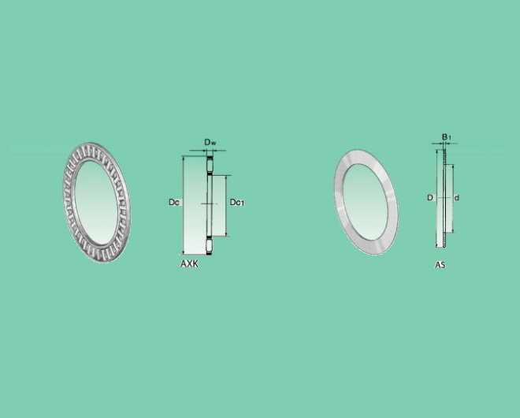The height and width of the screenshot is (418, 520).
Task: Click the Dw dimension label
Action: tap(210, 143)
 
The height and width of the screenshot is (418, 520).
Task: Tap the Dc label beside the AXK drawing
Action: tap(174, 202)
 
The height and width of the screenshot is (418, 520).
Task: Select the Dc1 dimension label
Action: tap(237, 202)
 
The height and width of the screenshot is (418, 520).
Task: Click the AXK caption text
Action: tap(189, 263)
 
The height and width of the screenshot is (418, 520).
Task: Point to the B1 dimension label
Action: tap(447, 136)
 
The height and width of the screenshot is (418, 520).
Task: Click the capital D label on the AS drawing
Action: tap(430, 197)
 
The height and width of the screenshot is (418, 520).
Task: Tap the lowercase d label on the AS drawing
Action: tap(457, 198)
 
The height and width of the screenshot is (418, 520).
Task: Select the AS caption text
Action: tap(440, 265)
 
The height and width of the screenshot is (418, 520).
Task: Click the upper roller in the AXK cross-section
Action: tap(210, 165)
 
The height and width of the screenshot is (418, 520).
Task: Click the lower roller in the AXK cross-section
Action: tap(210, 246)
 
